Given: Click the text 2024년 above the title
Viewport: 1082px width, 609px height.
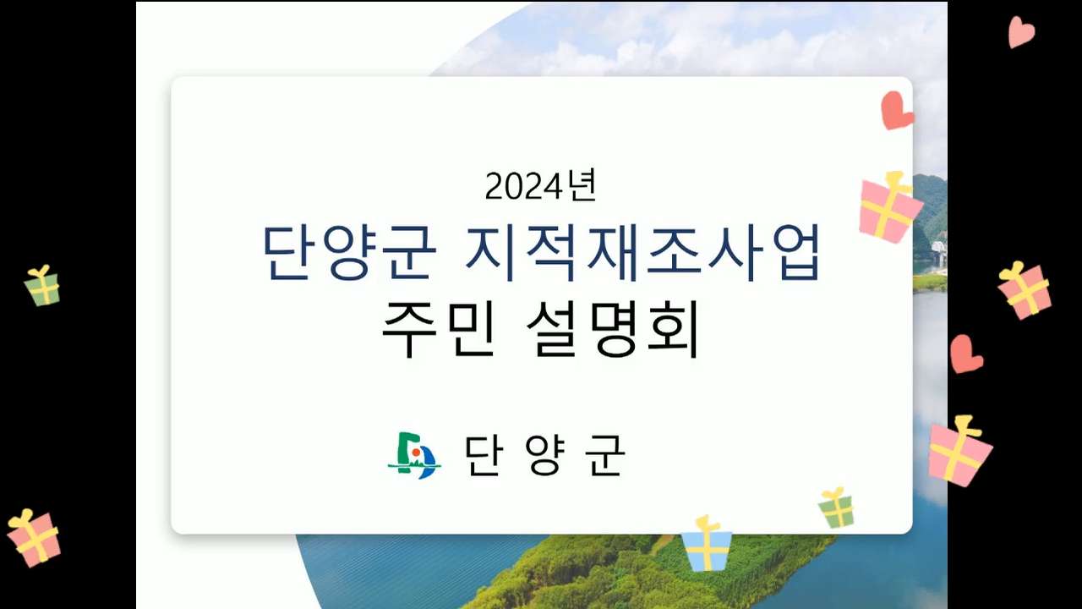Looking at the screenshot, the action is pos(541,185).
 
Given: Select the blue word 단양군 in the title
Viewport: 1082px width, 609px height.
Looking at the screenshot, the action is pos(349,252).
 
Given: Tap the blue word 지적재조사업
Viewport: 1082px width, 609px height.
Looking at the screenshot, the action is pos(643,252).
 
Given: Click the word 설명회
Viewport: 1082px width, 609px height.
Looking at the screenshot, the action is pos(613,329).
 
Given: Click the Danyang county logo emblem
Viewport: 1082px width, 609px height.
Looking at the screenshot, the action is pos(414,455).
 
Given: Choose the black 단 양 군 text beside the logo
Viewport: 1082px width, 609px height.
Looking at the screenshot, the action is pos(545,455).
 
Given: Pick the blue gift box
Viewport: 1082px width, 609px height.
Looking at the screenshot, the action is pos(706,546).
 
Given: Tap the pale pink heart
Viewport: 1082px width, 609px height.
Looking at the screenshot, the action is pos(1020,31).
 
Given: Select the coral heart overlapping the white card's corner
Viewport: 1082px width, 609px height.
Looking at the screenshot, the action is pos(895,111).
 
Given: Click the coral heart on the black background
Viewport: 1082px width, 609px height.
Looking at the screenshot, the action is pos(965,354).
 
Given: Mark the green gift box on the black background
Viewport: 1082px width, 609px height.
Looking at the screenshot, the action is pos(42,286).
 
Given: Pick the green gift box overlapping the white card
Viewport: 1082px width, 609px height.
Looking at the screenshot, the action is pos(837,508).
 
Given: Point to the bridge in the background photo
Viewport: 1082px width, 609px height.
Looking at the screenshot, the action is pos(939,252).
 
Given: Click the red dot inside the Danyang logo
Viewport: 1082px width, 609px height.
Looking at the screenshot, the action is pos(415,453).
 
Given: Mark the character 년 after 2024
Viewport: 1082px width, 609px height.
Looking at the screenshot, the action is pos(582,184).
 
